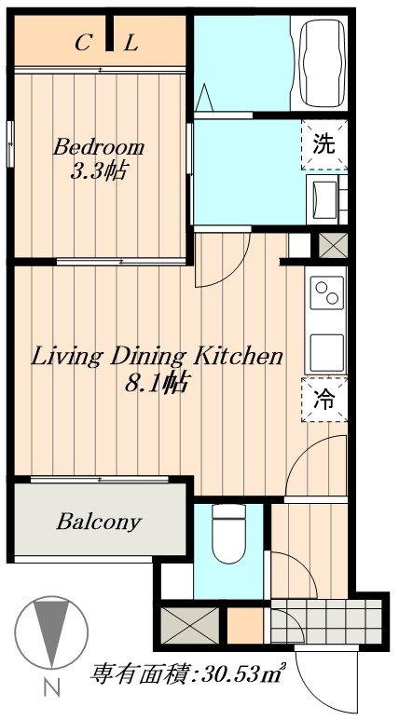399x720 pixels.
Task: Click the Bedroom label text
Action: pos(99,148)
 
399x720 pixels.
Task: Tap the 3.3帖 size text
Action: pos(99,172)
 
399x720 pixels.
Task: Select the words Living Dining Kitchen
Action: pos(157,357)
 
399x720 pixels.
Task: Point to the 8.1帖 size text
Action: pos(157,382)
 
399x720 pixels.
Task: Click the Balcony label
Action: pos(99,522)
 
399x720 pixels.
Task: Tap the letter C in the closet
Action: pos(82,44)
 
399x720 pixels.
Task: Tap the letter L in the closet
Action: pos(131,44)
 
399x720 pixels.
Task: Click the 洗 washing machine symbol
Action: pos(324,144)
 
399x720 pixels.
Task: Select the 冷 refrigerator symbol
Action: pos(324,400)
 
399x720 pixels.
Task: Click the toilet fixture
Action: pos(229,534)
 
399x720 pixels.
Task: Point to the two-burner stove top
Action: pos(327,293)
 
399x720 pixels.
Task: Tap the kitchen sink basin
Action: pos(327,353)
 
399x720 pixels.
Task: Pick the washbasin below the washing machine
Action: pos(324,199)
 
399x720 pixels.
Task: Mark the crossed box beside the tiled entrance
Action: pos(190,625)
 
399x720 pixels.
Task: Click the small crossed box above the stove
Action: pos(333,245)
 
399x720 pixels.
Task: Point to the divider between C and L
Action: pos(109,33)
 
